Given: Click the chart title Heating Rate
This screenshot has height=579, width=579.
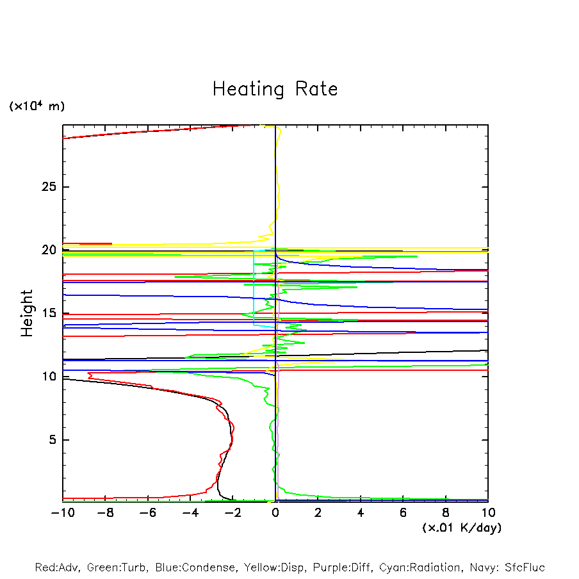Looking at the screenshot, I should click(275, 89).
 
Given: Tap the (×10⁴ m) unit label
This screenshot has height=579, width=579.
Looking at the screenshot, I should click(37, 106).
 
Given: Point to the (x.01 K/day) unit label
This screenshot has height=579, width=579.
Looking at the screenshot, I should click(461, 528).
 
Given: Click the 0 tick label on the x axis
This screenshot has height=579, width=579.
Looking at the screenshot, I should click(275, 513).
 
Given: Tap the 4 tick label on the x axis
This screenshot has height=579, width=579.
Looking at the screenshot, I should click(361, 513).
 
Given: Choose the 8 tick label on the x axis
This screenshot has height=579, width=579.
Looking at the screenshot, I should click(446, 513).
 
